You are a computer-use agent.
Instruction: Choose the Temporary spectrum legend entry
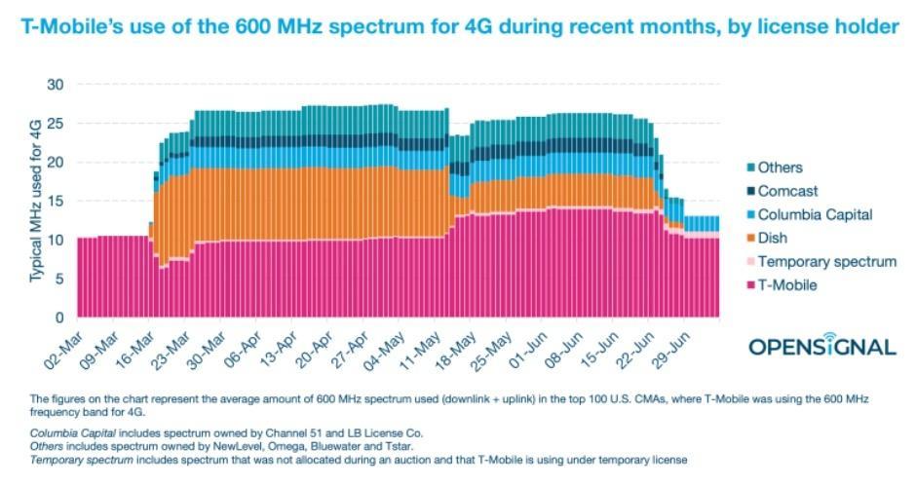click(x=825, y=261)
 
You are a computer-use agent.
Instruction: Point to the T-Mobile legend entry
click(x=786, y=284)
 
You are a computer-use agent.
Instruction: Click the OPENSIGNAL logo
click(x=821, y=345)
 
